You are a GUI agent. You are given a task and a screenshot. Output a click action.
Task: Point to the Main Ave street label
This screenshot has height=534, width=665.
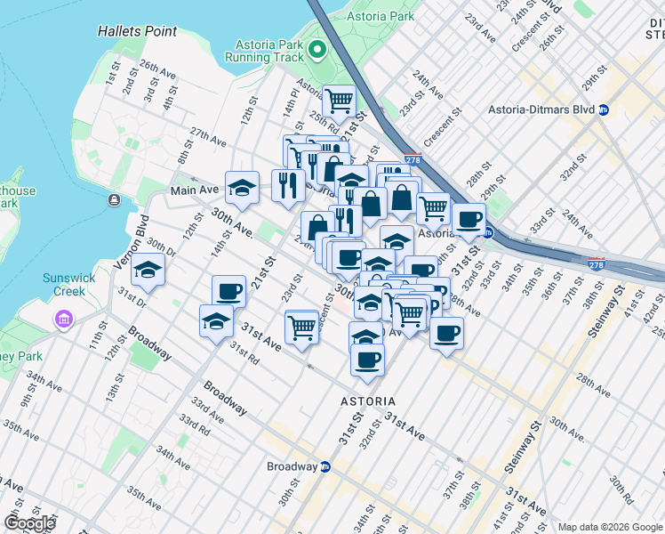[194, 190]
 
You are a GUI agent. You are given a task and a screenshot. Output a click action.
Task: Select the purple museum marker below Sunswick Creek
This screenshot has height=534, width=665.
[63, 318]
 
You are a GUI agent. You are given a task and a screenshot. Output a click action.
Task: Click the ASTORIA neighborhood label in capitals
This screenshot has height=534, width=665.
[368, 401]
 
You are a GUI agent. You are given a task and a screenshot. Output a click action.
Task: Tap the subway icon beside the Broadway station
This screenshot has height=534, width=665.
[325, 466]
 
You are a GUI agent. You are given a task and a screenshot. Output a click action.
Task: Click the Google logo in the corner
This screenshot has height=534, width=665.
[29, 523]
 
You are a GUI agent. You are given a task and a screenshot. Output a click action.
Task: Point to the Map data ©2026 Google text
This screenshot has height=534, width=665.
[609, 527]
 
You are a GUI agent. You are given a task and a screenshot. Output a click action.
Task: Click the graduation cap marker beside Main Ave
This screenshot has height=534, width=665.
[242, 187]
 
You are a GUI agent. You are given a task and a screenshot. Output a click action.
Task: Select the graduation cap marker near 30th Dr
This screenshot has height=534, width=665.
[148, 270]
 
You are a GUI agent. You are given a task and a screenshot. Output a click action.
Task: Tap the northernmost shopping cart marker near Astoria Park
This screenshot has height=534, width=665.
[339, 101]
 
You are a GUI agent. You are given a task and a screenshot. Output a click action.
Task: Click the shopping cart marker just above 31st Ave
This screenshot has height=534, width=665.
[302, 327]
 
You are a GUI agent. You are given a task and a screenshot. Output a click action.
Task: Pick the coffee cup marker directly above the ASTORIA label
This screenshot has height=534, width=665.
[367, 360]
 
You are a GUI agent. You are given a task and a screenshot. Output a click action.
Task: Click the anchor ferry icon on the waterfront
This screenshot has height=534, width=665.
[114, 200]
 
